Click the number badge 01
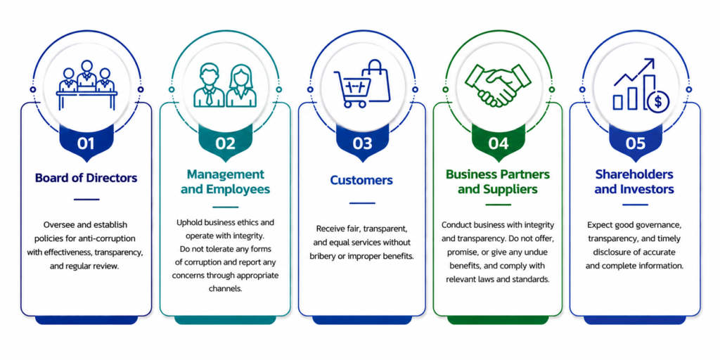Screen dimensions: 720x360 click(x=86, y=143)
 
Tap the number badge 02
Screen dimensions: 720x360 click(x=225, y=143)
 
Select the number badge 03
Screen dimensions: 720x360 click(x=362, y=143)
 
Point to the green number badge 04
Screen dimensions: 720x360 click(x=499, y=143)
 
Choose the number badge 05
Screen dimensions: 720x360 click(x=635, y=143)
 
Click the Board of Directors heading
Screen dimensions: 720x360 click(x=86, y=178)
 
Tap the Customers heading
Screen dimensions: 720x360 click(x=362, y=181)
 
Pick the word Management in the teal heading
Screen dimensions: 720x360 click(x=226, y=174)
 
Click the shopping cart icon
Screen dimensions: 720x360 click(x=352, y=89)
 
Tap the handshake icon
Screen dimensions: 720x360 click(x=499, y=85)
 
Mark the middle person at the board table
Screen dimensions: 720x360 click(x=86, y=75)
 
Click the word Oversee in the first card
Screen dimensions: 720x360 click(x=58, y=225)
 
